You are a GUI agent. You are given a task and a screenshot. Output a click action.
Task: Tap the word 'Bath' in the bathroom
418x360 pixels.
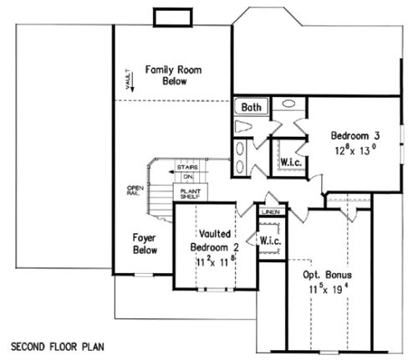[x=251, y=107]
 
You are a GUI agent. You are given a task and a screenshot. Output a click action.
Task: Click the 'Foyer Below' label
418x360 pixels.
[x=145, y=243]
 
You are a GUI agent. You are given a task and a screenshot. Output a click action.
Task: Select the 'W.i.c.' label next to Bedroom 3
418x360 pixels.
[x=291, y=160]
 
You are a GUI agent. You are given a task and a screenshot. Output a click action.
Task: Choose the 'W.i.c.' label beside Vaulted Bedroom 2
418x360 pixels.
[x=271, y=241]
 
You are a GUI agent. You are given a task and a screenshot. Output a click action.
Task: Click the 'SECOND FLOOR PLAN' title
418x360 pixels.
[x=58, y=344]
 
